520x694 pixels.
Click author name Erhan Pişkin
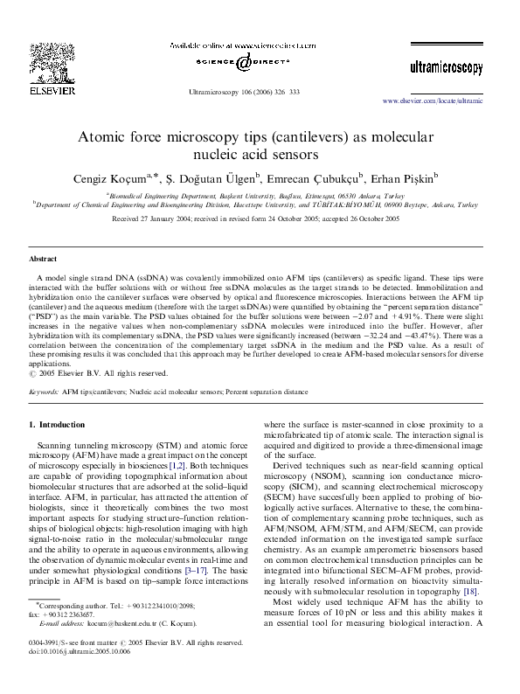pyautogui.click(x=419, y=177)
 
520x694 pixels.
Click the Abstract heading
pyautogui.click(x=44, y=260)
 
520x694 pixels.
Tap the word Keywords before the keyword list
pyautogui.click(x=44, y=393)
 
